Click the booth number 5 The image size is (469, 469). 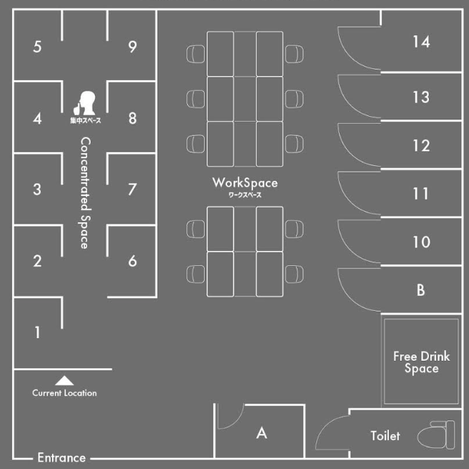(37, 47)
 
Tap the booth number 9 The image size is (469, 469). (132, 47)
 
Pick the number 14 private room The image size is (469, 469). (421, 42)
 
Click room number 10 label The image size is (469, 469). (421, 242)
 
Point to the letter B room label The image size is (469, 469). (420, 290)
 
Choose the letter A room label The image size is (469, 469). (262, 433)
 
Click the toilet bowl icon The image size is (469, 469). (435, 435)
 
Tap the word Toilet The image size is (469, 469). (385, 436)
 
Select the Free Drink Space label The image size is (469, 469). (421, 362)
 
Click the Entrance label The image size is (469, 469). (61, 458)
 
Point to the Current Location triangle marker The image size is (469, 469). (64, 380)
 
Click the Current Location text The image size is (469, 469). (64, 393)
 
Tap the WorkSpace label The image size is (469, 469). (245, 184)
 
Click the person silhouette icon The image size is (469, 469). (86, 104)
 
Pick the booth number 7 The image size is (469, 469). (132, 189)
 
